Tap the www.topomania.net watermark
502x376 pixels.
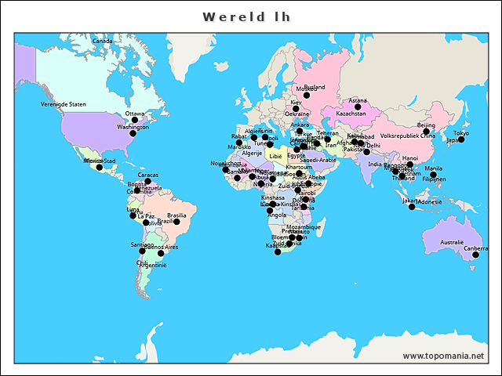443,356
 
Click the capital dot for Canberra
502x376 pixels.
475,255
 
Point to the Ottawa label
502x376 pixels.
135,113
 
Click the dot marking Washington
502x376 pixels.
133,134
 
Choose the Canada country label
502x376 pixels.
102,41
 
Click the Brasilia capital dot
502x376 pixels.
176,222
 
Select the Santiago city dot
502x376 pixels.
142,251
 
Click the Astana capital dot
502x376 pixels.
358,107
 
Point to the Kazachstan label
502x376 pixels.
351,114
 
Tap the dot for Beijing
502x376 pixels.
426,132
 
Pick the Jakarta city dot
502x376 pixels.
412,207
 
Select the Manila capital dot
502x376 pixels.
433,175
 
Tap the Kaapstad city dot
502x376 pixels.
278,251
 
